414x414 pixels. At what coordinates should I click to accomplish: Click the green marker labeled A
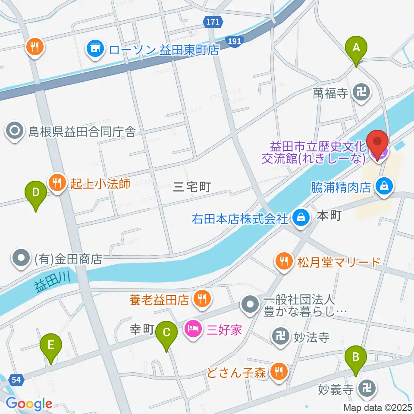pos(356,48)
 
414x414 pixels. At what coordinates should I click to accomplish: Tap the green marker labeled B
pos(356,358)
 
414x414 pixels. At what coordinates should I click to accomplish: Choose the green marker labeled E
pos(51,346)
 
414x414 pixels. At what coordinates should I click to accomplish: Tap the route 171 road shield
pos(212,21)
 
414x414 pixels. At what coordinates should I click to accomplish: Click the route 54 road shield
pos(16,379)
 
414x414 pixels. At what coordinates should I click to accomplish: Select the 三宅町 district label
pos(191,187)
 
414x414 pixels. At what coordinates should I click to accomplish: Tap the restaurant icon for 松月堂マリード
pos(283,261)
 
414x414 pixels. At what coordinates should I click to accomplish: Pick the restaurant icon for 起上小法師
pos(58,183)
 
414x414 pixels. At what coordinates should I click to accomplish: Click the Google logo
pos(28,404)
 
